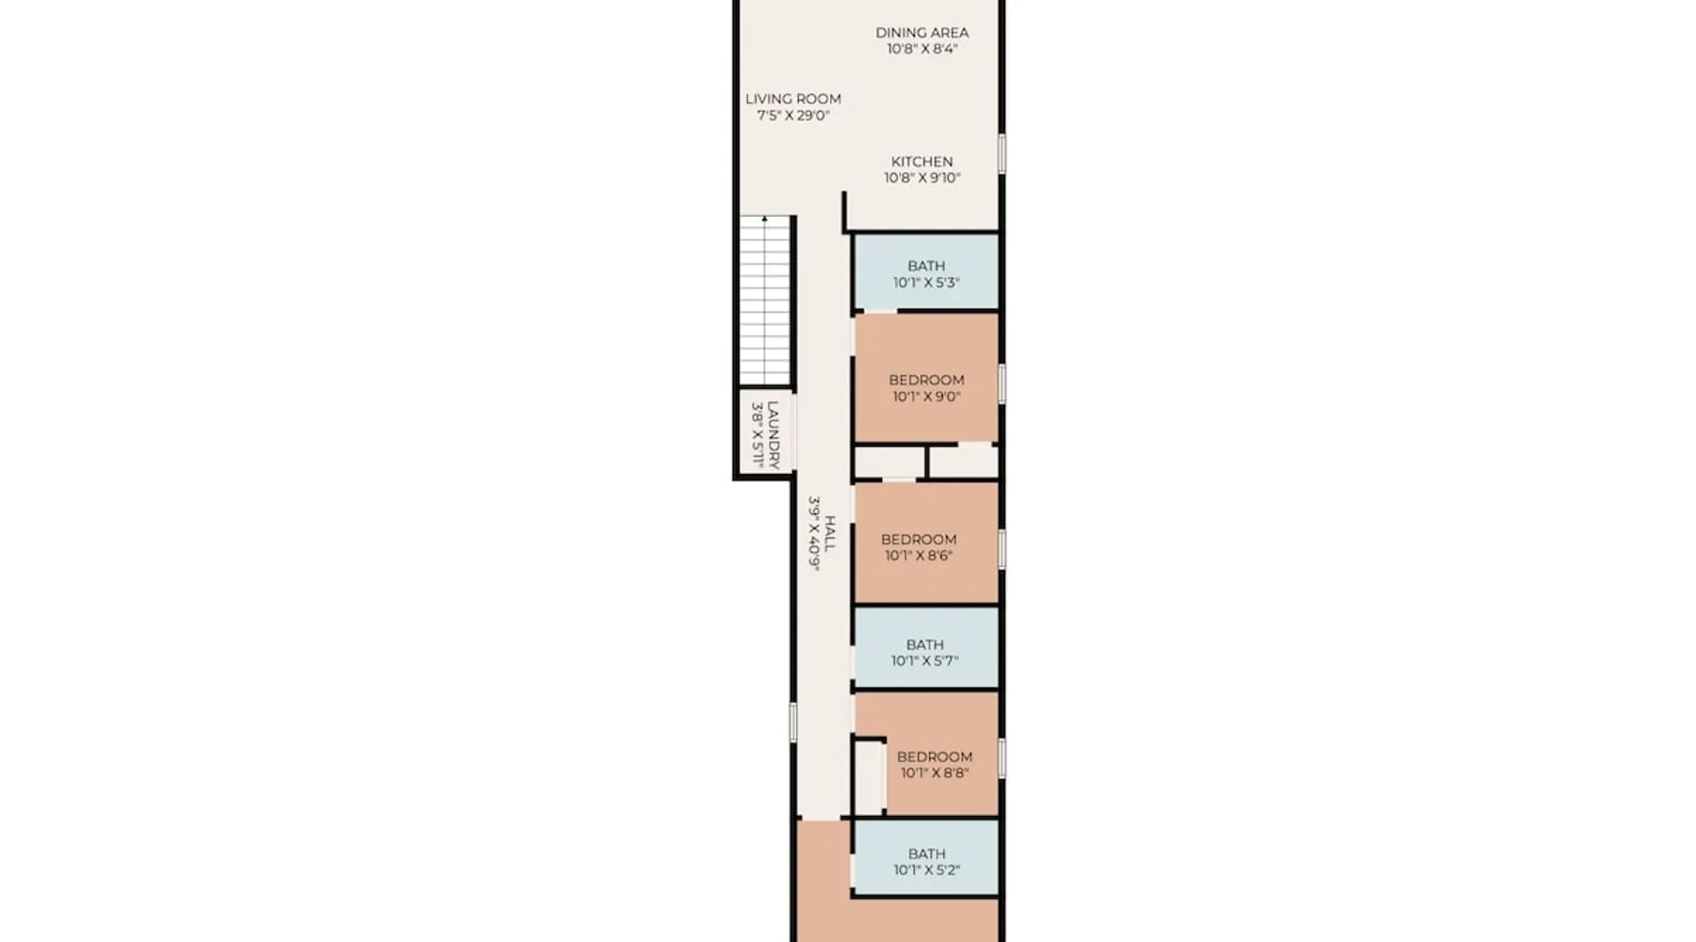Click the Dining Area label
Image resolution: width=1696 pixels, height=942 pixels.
(921, 32)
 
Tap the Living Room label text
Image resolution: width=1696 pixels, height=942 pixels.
(793, 99)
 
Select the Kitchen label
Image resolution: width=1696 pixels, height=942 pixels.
(921, 162)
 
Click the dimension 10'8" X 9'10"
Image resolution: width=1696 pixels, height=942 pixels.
(921, 178)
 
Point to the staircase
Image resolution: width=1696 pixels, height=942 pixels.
(765, 300)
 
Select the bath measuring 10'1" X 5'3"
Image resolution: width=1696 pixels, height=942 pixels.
(926, 271)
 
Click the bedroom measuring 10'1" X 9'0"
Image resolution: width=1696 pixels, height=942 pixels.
(926, 378)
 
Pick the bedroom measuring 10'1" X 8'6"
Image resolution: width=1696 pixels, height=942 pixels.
(926, 543)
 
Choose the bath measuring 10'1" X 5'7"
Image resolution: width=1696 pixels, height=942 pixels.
(926, 648)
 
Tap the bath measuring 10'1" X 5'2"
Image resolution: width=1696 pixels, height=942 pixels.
(926, 858)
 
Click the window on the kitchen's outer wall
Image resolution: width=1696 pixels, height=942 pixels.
(1002, 154)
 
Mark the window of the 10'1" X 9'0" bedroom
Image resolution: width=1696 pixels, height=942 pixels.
(1002, 384)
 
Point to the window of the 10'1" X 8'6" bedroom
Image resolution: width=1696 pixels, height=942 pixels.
(1002, 549)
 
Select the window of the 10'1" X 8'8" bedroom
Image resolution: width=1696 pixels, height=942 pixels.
(1002, 758)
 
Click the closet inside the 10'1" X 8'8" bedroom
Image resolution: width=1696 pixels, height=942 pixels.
(869, 776)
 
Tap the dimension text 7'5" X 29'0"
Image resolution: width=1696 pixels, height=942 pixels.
(793, 116)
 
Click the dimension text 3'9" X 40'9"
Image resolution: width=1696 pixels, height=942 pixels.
(814, 533)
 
